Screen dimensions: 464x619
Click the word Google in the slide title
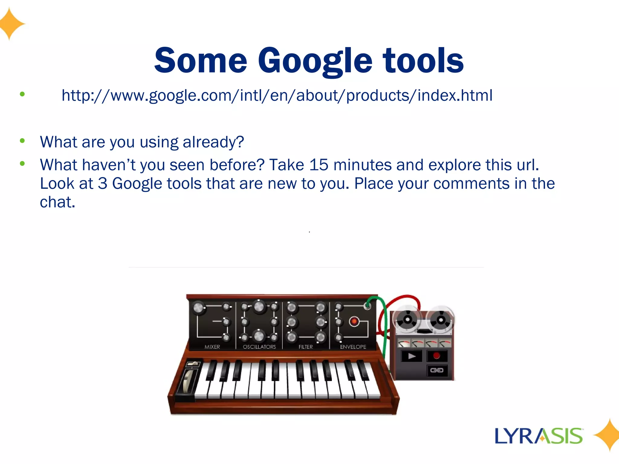[315, 61]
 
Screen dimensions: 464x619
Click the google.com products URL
[277, 95]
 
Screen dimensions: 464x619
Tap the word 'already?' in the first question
[213, 142]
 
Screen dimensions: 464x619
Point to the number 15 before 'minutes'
[319, 165]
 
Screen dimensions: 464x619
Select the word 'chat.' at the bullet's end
[57, 202]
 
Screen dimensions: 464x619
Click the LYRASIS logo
[539, 436]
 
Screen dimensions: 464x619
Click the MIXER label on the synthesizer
[212, 347]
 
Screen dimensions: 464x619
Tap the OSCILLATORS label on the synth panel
[259, 347]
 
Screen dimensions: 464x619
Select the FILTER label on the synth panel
[306, 347]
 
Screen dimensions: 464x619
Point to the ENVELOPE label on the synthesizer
[353, 347]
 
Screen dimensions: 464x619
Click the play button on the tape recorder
[411, 356]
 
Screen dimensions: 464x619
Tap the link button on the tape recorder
[437, 370]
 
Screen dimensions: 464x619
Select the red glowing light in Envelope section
[354, 321]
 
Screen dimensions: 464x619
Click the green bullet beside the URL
[22, 94]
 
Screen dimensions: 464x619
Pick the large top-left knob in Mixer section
[198, 308]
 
